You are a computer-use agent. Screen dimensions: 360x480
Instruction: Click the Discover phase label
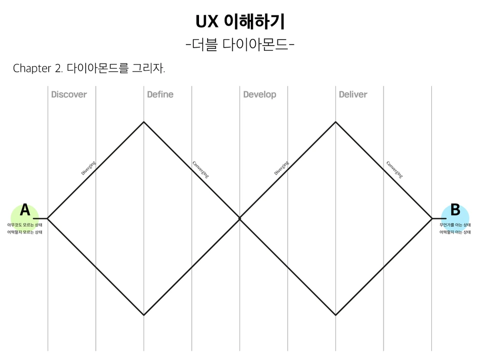point(69,94)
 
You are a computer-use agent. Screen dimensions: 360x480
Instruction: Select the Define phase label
point(160,94)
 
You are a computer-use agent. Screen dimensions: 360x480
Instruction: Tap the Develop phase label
point(259,94)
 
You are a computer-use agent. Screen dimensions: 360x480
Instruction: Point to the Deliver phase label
point(353,94)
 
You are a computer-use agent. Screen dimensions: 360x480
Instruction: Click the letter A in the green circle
point(25,210)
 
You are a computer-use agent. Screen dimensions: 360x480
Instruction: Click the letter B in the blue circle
point(455,210)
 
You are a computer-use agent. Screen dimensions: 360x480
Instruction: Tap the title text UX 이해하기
point(240,22)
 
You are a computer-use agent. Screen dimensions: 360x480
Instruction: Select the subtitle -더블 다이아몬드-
point(240,45)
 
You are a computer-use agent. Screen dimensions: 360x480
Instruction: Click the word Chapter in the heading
point(32,69)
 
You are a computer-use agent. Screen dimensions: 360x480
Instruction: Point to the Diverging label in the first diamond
point(88,168)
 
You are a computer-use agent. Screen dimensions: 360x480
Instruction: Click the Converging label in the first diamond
point(201,169)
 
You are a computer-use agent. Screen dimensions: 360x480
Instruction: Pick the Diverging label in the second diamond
point(281,168)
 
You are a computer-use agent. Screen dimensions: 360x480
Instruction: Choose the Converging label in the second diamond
point(394,169)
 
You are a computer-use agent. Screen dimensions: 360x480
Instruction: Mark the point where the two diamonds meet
point(239,218)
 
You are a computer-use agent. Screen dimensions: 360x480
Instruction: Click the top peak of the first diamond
point(144,122)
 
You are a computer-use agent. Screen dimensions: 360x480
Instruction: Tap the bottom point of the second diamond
point(335,315)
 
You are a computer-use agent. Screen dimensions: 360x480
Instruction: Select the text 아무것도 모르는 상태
point(25,225)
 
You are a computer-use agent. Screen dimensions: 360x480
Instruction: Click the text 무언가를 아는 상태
point(455,225)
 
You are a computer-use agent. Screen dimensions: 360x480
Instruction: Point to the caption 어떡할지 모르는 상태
point(25,232)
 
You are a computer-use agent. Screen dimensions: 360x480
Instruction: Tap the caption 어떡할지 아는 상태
point(455,232)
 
